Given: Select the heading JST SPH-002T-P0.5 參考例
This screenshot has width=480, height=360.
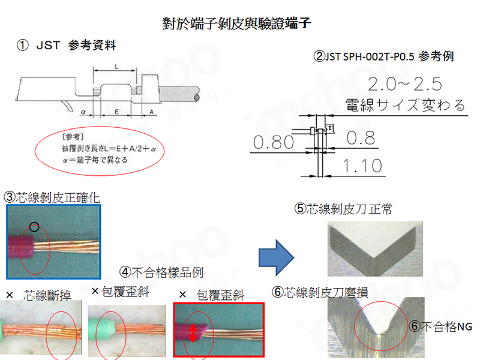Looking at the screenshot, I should (x=383, y=57).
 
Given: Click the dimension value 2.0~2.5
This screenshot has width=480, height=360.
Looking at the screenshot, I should (x=409, y=83).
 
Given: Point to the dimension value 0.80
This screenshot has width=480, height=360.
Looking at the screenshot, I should (x=273, y=142).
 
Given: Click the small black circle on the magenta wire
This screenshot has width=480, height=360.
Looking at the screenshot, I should (x=34, y=227).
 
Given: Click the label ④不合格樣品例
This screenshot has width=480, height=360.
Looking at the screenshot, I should (x=161, y=271).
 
